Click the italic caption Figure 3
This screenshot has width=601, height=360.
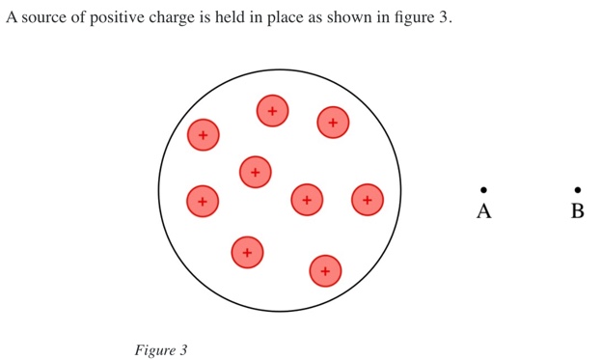tap(160, 350)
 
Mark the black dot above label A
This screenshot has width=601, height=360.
tap(484, 190)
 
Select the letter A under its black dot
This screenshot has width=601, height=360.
tap(484, 211)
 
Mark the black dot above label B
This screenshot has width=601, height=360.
tap(578, 190)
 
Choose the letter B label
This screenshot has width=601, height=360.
tap(578, 211)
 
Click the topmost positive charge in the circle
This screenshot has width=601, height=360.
tap(272, 111)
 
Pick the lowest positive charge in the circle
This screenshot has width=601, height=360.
tap(325, 271)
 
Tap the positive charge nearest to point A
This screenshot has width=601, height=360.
tap(368, 200)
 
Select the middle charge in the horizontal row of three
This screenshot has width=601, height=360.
tap(307, 200)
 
